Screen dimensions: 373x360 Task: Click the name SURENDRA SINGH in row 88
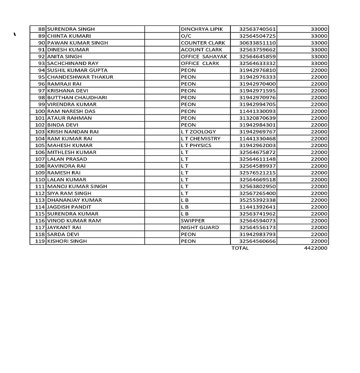[71, 29]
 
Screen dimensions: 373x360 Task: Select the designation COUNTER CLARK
[203, 43]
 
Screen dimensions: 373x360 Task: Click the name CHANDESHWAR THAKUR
[80, 77]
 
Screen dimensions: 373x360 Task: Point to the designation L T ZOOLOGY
[198, 132]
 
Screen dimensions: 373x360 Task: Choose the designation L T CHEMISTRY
[201, 139]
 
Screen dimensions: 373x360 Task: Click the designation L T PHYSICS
[196, 145]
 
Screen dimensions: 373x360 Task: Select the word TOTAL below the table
[240, 248]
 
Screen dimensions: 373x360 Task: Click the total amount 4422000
[315, 248]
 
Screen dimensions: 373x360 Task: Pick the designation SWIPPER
[193, 221]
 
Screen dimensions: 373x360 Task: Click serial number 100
[40, 111]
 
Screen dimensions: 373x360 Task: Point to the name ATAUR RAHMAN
[69, 118]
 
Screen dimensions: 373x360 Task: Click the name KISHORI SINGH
[67, 241]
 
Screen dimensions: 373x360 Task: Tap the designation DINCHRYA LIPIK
[202, 29]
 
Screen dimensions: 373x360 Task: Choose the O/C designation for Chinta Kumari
[186, 36]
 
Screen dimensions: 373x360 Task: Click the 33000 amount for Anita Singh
[319, 57]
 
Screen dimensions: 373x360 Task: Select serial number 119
[40, 241]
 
